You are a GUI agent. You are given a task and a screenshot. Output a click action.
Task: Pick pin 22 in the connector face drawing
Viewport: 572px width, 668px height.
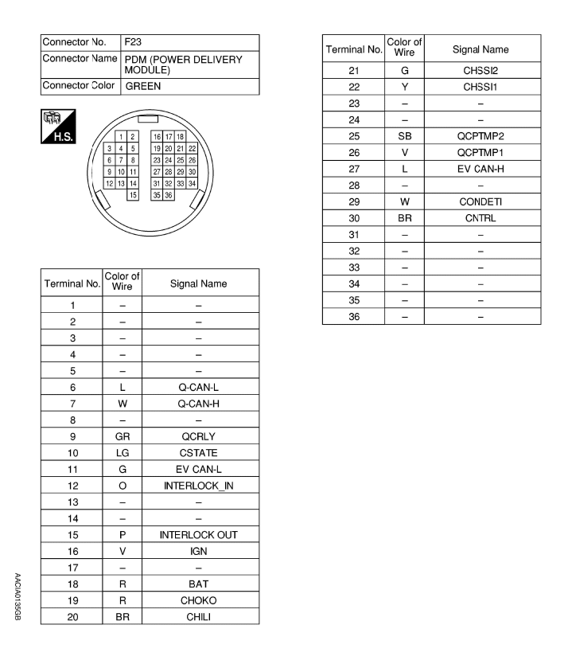point(192,149)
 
